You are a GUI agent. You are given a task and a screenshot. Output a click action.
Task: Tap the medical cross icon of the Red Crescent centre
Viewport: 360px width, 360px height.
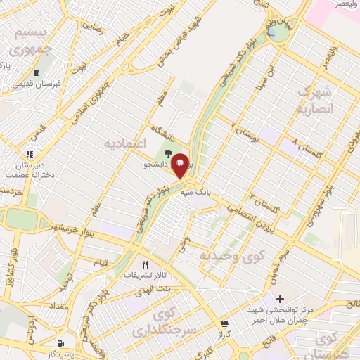(x=280, y=299)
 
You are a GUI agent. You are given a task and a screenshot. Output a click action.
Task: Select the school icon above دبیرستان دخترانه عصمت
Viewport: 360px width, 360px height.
(x=30, y=154)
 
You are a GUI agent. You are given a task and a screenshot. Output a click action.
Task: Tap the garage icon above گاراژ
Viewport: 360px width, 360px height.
(x=224, y=324)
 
